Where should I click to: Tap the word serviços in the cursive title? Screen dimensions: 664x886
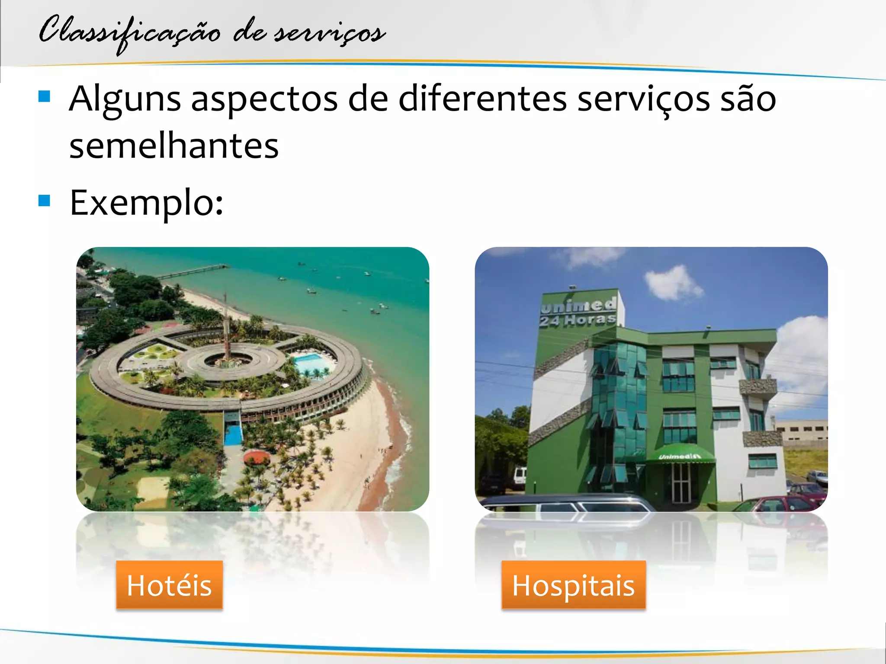click(329, 32)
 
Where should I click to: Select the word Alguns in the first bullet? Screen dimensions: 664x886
click(125, 99)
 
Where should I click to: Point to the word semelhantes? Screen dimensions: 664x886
click(174, 146)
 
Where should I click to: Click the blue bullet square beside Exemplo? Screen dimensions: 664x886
click(45, 200)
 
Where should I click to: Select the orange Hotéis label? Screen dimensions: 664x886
click(169, 585)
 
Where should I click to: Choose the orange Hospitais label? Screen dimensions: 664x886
click(573, 585)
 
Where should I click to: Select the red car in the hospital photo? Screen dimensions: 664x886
click(779, 504)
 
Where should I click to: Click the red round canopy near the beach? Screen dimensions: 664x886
click(257, 457)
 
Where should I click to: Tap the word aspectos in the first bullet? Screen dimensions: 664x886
click(264, 99)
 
